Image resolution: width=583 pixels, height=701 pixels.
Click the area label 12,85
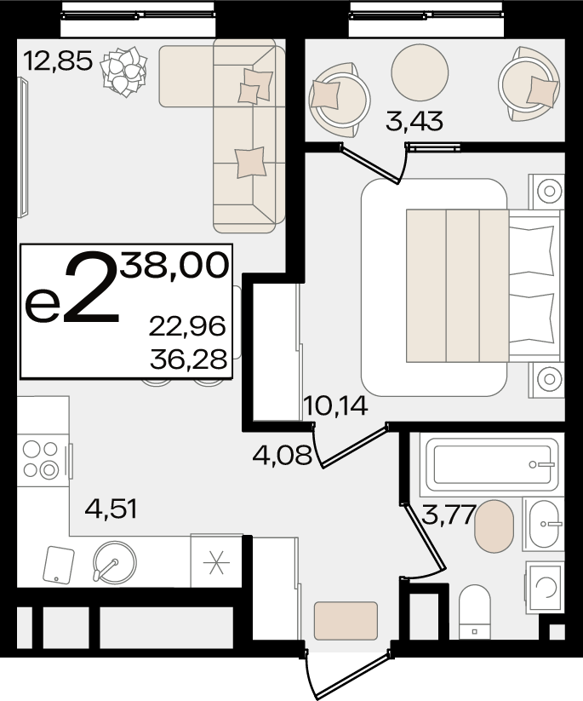click(x=58, y=60)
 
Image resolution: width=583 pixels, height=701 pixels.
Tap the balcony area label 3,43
click(x=414, y=121)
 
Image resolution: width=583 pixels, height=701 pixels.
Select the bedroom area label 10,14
click(x=335, y=405)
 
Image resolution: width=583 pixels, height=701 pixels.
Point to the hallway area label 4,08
click(x=282, y=456)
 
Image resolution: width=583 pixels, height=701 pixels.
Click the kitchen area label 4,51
click(x=111, y=509)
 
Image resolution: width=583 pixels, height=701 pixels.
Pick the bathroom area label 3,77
click(x=449, y=514)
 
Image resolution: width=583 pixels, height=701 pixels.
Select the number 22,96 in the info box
click(x=187, y=325)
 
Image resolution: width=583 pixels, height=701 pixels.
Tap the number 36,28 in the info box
click(x=189, y=359)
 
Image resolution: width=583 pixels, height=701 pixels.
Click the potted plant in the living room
click(x=123, y=72)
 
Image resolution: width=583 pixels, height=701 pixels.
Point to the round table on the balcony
click(x=420, y=72)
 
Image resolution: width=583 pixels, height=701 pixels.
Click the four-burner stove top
click(x=41, y=459)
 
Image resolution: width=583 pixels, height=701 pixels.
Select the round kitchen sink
click(x=115, y=562)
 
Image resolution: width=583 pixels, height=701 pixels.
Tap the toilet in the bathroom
click(x=475, y=612)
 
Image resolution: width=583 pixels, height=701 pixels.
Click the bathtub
click(x=492, y=464)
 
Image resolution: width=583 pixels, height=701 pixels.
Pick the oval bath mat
click(x=494, y=526)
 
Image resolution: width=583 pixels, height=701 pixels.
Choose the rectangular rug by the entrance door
click(x=346, y=621)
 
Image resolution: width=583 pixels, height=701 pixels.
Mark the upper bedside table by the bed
click(x=546, y=192)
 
